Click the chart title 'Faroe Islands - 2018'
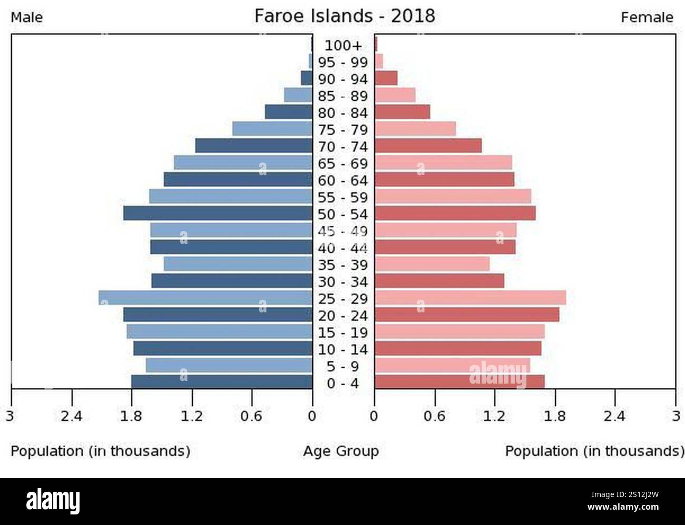click(345, 16)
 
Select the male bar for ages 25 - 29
click(205, 298)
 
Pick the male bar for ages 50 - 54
click(218, 213)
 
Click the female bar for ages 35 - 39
click(432, 264)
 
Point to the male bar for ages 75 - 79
click(272, 129)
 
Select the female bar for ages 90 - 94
click(386, 78)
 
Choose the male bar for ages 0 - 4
click(222, 382)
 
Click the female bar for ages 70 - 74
click(428, 146)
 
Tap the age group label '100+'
click(343, 45)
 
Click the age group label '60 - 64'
click(343, 180)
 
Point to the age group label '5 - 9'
click(343, 366)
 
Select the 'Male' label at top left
click(27, 17)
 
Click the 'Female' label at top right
click(647, 17)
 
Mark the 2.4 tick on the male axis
click(71, 416)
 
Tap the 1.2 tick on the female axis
click(494, 416)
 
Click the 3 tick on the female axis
click(676, 416)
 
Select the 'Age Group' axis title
click(340, 451)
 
